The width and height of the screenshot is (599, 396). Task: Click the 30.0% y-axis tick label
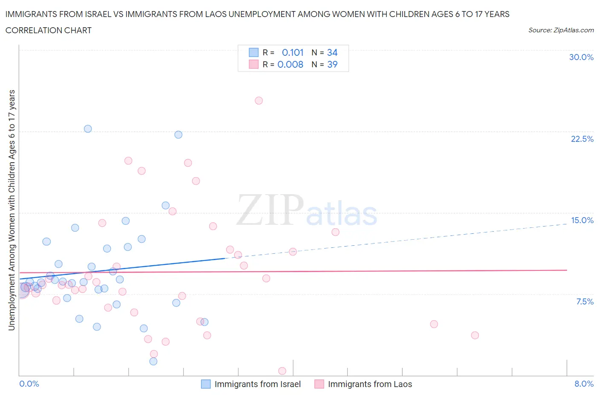click(581, 57)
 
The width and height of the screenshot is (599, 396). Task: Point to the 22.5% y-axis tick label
click(582, 139)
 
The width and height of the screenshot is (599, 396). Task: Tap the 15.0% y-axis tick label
click(582, 220)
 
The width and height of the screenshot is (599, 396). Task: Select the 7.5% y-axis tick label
click(585, 301)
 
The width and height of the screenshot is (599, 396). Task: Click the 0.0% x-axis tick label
click(29, 384)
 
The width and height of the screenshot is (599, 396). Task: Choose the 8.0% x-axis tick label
click(584, 384)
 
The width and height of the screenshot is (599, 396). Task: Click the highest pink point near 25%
click(259, 100)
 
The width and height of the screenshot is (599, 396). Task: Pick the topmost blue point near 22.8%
click(88, 129)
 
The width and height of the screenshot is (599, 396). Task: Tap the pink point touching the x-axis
click(282, 371)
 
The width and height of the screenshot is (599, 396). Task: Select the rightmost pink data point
click(475, 335)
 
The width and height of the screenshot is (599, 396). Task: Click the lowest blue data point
click(153, 361)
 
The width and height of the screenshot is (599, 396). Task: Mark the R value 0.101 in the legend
click(293, 52)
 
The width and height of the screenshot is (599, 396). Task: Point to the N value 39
click(332, 64)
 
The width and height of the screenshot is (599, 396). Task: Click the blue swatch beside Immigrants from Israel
click(206, 384)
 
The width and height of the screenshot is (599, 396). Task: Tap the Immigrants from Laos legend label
click(370, 384)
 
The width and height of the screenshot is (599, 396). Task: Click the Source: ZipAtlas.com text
click(561, 30)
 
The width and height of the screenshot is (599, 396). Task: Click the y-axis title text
click(12, 210)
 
